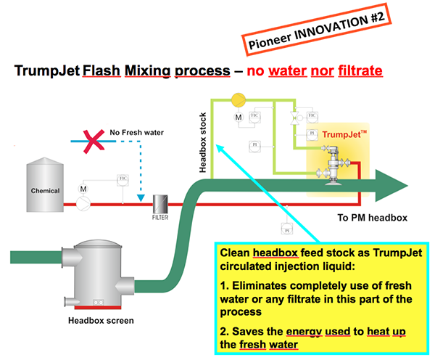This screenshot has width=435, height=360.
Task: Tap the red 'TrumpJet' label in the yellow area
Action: point(345,134)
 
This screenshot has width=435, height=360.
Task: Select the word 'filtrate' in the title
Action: point(360,72)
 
